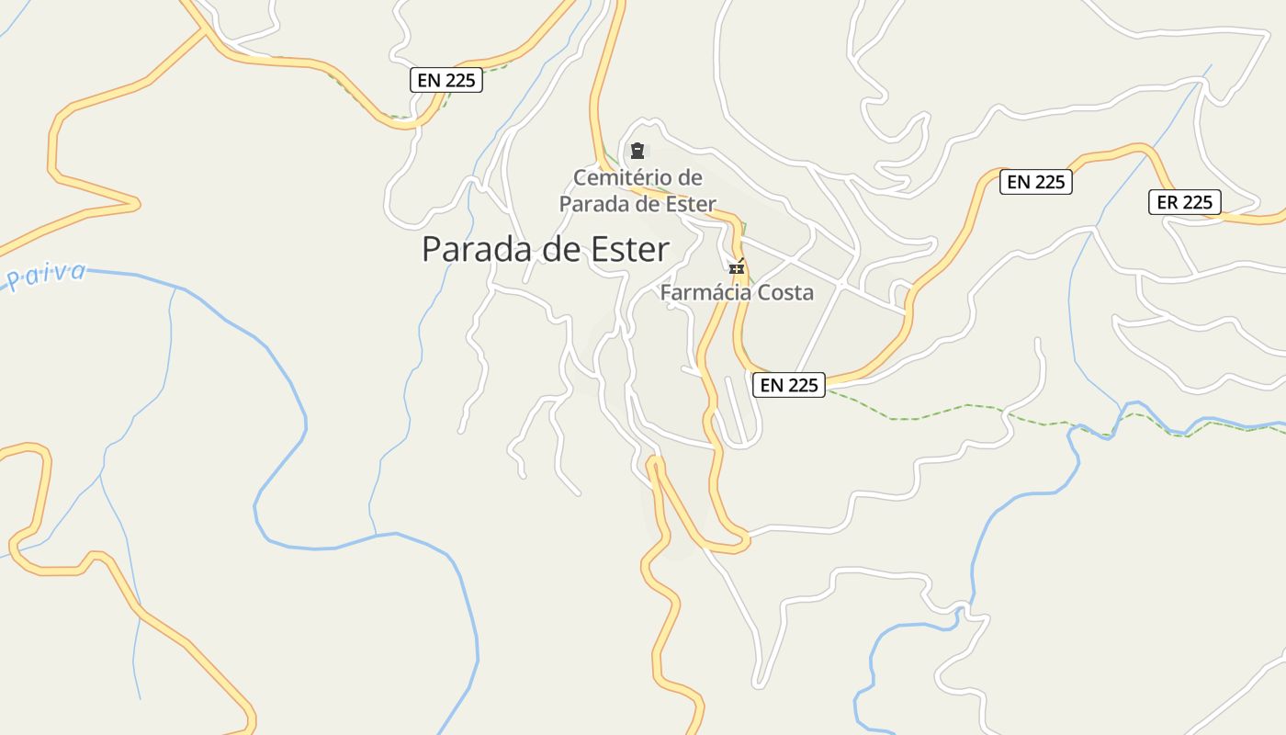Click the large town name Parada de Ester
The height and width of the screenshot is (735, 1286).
pyautogui.click(x=546, y=249)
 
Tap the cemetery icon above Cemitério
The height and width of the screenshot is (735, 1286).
pyautogui.click(x=637, y=151)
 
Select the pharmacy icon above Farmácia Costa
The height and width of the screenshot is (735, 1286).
pyautogui.click(x=737, y=268)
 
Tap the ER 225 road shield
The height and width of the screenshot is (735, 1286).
pyautogui.click(x=1184, y=202)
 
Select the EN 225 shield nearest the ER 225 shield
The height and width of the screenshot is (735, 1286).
pyautogui.click(x=1035, y=182)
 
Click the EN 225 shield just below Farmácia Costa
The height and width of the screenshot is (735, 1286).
pyautogui.click(x=789, y=385)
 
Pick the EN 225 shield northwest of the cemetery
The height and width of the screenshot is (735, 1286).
pyautogui.click(x=446, y=80)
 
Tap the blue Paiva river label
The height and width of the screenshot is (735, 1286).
pyautogui.click(x=46, y=275)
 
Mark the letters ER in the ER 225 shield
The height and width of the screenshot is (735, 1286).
pyautogui.click(x=1168, y=202)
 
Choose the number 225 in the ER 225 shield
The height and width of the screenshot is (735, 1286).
pyautogui.click(x=1197, y=202)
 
